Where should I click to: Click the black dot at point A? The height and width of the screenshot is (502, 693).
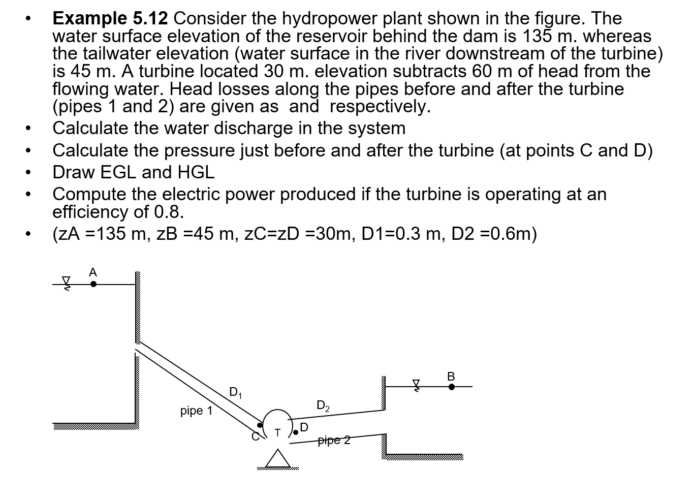pyautogui.click(x=93, y=285)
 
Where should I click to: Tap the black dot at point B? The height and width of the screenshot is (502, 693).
pyautogui.click(x=451, y=387)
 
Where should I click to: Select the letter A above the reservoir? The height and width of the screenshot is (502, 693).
pyautogui.click(x=92, y=273)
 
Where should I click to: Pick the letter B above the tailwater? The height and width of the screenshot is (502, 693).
pyautogui.click(x=451, y=376)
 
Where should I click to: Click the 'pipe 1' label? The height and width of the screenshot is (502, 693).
pyautogui.click(x=197, y=411)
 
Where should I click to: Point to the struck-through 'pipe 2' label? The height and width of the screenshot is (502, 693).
pyautogui.click(x=334, y=440)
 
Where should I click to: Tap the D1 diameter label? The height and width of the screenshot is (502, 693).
pyautogui.click(x=236, y=392)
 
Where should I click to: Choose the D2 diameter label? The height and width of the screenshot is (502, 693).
pyautogui.click(x=323, y=405)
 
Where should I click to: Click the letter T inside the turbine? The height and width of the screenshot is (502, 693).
pyautogui.click(x=277, y=433)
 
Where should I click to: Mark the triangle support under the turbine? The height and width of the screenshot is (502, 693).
pyautogui.click(x=277, y=458)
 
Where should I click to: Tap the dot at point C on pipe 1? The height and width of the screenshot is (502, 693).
pyautogui.click(x=261, y=425)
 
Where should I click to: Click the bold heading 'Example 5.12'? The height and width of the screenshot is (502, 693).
pyautogui.click(x=110, y=18)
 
